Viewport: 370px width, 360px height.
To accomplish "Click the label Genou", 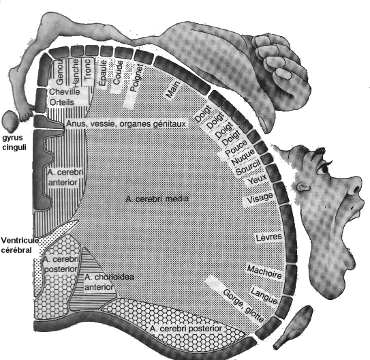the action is click(x=60, y=73).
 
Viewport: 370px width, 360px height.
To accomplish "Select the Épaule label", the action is click(x=103, y=73).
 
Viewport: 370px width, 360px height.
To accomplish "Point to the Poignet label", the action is click(x=137, y=78).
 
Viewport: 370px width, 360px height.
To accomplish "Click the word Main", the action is click(x=173, y=89).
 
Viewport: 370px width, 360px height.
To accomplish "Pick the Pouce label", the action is click(x=236, y=147).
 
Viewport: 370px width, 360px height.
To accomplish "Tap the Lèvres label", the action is click(x=269, y=237).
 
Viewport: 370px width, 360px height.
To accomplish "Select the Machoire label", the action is click(x=264, y=272).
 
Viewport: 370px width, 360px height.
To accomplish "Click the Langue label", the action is click(x=264, y=295).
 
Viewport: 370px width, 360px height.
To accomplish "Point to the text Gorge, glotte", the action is click(x=243, y=305).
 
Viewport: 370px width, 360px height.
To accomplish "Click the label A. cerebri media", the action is click(x=157, y=198).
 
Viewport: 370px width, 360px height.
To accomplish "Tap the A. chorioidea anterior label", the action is click(x=109, y=282).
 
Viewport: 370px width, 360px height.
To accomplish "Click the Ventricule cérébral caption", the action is click(x=20, y=245).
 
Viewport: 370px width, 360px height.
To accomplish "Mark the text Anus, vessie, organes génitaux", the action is click(x=126, y=123).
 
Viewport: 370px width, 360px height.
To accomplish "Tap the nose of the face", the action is click(x=353, y=186).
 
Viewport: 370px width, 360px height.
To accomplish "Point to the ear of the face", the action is click(x=303, y=187).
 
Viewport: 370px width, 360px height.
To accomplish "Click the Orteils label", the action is click(x=62, y=102).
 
